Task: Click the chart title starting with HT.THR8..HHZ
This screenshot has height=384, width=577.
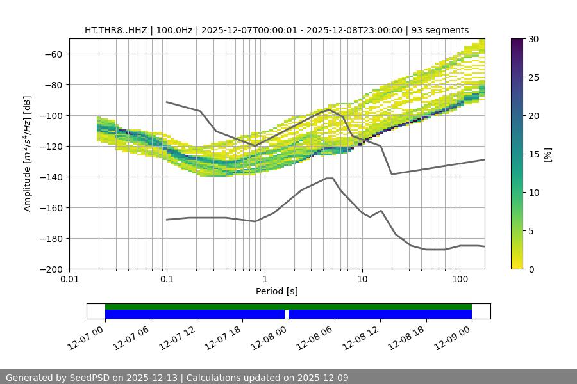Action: point(276,30)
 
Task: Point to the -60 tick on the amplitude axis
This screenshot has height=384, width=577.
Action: point(53,54)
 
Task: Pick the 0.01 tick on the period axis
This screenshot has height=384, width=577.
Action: point(69,280)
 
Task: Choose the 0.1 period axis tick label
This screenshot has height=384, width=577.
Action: point(167,280)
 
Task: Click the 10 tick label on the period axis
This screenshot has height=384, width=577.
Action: point(362,280)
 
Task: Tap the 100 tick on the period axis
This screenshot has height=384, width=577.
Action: point(459,280)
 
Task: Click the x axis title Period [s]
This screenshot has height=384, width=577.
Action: point(276,292)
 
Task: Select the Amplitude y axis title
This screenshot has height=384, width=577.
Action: point(28,154)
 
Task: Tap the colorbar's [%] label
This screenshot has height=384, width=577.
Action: point(549,154)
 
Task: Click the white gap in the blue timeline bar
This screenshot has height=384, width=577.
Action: point(287,314)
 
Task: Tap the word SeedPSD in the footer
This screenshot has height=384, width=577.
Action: point(88,378)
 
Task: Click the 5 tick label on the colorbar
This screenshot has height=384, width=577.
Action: point(532,231)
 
